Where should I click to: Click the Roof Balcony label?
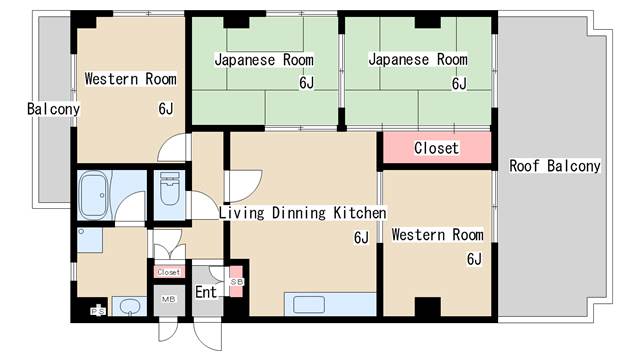tap(555, 166)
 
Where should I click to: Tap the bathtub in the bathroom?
tap(94, 195)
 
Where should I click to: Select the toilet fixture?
tap(169, 189)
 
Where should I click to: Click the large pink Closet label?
tap(436, 148)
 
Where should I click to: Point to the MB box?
tap(169, 300)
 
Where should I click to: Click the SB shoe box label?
tap(236, 282)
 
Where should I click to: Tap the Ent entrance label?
tap(206, 292)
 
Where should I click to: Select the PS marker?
tap(98, 311)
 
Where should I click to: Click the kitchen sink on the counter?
tap(309, 305)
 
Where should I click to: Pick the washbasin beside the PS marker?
tap(129, 307)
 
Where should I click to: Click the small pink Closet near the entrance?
tap(169, 272)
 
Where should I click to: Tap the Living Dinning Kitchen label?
tap(302, 213)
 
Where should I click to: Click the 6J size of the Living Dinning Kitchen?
tap(361, 238)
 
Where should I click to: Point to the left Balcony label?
tap(53, 109)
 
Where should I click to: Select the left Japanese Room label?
tap(264, 60)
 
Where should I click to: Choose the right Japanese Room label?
tap(418, 59)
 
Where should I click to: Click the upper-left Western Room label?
tap(131, 79)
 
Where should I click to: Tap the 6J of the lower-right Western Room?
tap(474, 259)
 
